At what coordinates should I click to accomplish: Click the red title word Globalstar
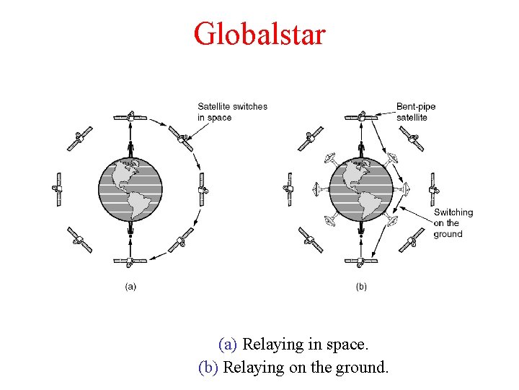[259, 33]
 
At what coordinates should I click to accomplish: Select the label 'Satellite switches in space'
[232, 111]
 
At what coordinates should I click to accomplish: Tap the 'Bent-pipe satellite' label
[416, 111]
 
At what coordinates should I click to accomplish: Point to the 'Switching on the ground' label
[453, 223]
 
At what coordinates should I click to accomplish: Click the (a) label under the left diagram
[130, 286]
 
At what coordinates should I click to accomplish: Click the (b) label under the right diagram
[361, 286]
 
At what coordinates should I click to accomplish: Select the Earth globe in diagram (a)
[130, 189]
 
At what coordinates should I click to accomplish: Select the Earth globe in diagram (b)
[361, 189]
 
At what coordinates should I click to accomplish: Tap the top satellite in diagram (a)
[130, 116]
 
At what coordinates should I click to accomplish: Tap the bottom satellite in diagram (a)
[130, 261]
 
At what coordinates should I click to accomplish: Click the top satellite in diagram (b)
[361, 116]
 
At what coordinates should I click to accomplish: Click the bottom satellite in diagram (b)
[361, 261]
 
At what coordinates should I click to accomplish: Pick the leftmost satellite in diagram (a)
[59, 189]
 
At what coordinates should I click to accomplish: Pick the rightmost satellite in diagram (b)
[433, 189]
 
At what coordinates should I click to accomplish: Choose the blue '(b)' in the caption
[208, 367]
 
